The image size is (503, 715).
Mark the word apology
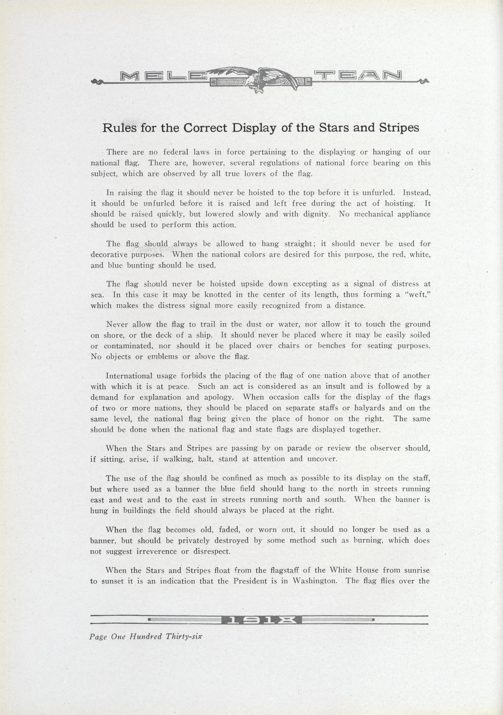[x=219, y=398]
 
